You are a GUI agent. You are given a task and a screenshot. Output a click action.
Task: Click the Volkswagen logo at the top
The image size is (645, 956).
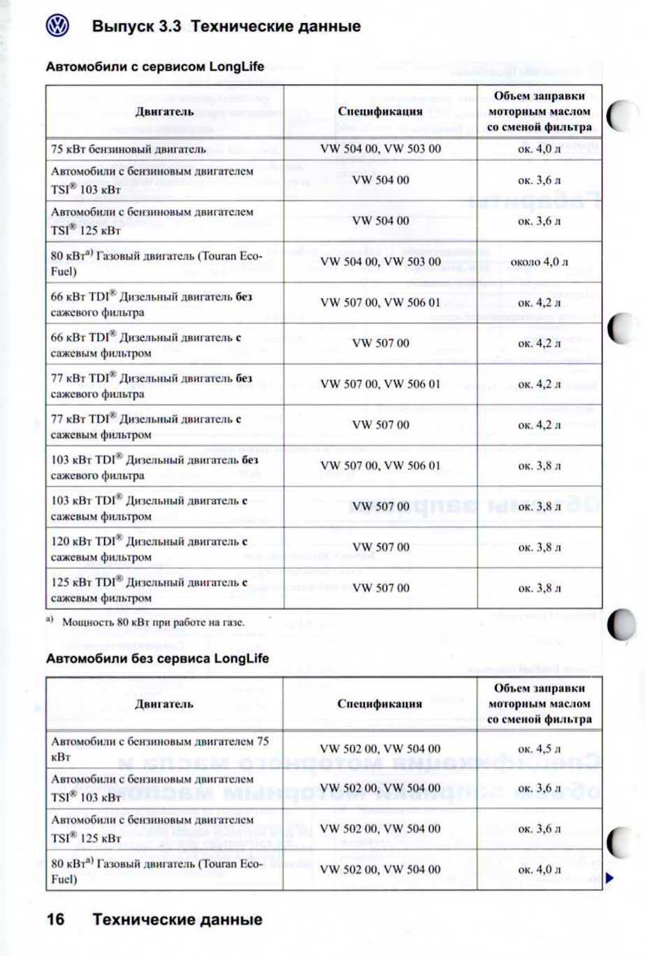point(57,26)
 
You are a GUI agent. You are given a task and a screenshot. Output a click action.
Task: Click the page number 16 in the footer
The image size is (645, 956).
point(56,919)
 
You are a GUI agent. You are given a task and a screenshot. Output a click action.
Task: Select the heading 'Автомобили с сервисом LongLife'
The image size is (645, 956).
point(155,66)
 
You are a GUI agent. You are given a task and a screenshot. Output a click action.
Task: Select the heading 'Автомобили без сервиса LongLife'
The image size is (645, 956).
point(157,658)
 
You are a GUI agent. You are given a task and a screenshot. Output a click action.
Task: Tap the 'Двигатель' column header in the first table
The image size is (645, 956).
point(165,111)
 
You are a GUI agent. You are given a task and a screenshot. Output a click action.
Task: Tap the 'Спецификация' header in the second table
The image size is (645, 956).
point(380,704)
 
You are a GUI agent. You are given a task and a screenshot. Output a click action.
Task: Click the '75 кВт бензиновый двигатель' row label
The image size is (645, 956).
point(129,149)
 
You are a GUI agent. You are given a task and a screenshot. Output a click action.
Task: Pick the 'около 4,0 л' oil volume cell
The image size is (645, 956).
point(539,262)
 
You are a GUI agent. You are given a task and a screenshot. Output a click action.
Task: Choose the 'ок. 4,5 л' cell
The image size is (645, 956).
point(539,748)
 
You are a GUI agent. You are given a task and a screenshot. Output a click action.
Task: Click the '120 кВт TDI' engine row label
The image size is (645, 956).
point(150,549)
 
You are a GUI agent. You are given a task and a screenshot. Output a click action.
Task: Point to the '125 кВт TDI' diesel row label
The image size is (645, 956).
point(150,589)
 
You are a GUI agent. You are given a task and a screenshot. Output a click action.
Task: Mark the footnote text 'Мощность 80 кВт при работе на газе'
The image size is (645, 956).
point(153,621)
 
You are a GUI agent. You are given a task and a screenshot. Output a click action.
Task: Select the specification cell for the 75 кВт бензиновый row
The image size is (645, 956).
point(380,149)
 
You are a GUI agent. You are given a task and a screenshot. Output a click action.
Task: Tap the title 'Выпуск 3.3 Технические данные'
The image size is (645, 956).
point(226,27)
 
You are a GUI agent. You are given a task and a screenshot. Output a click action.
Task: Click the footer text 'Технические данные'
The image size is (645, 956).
point(177,919)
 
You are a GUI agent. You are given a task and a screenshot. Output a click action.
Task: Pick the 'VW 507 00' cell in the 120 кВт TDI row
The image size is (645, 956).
point(381,547)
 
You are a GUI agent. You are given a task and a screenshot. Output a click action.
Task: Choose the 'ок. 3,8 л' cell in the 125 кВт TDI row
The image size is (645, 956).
point(539,588)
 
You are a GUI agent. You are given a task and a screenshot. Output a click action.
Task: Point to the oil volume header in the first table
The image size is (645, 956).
point(539,111)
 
